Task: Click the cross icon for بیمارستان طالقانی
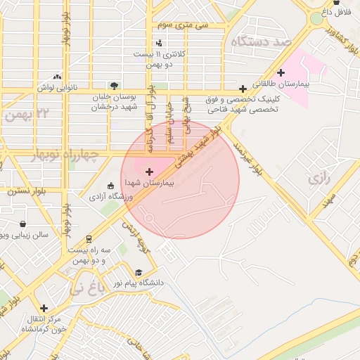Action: (x=281, y=72)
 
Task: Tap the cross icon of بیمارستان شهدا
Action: (x=148, y=172)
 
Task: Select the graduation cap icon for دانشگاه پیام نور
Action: (x=139, y=273)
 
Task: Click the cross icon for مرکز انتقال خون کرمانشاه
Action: (x=44, y=308)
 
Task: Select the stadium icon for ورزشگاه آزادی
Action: (x=110, y=186)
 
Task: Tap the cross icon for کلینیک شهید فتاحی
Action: (x=243, y=89)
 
